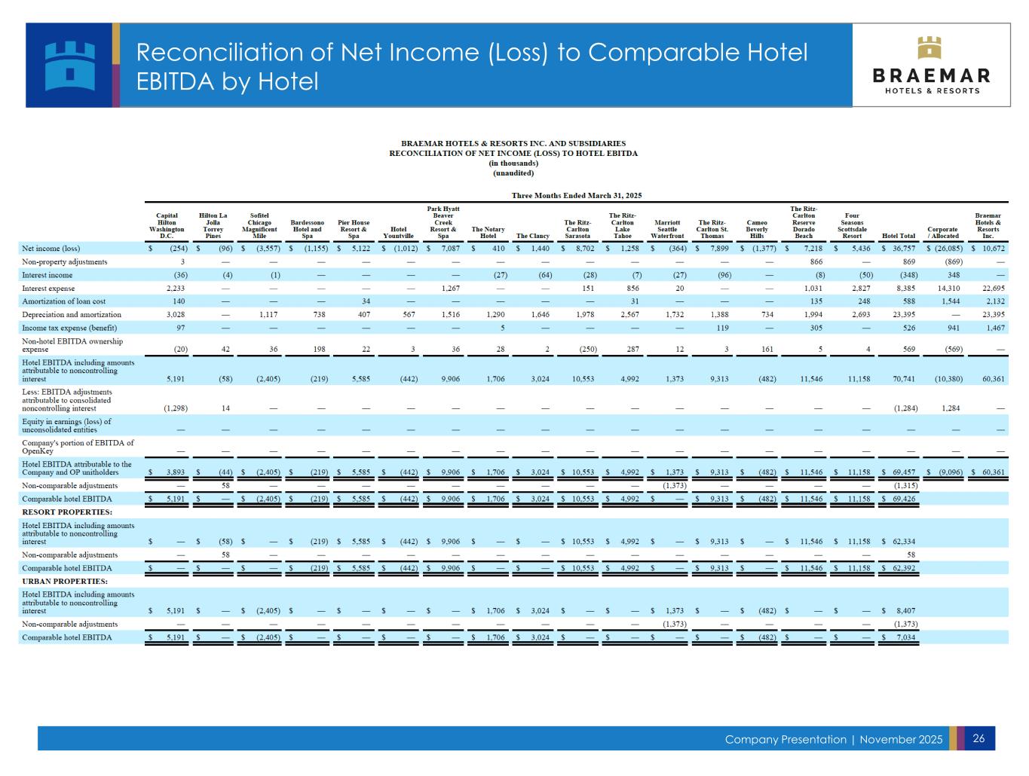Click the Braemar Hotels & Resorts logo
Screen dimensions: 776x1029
(931, 65)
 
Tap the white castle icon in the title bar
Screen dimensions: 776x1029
(70, 65)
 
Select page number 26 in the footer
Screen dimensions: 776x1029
(978, 738)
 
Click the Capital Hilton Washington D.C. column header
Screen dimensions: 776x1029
(167, 225)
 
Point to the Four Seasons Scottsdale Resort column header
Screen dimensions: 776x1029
(851, 225)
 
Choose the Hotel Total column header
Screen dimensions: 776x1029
(898, 236)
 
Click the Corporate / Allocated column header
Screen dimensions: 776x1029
(942, 233)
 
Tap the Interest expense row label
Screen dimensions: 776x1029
(49, 289)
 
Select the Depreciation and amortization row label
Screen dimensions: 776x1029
(72, 315)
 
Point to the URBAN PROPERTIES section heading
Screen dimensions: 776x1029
(65, 582)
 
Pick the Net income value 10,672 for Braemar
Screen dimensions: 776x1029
(992, 249)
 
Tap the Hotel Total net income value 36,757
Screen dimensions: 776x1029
(902, 249)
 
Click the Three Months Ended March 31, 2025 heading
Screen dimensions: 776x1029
(576, 196)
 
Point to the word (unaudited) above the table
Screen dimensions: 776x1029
(513, 173)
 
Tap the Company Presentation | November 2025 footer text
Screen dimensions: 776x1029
(833, 739)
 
